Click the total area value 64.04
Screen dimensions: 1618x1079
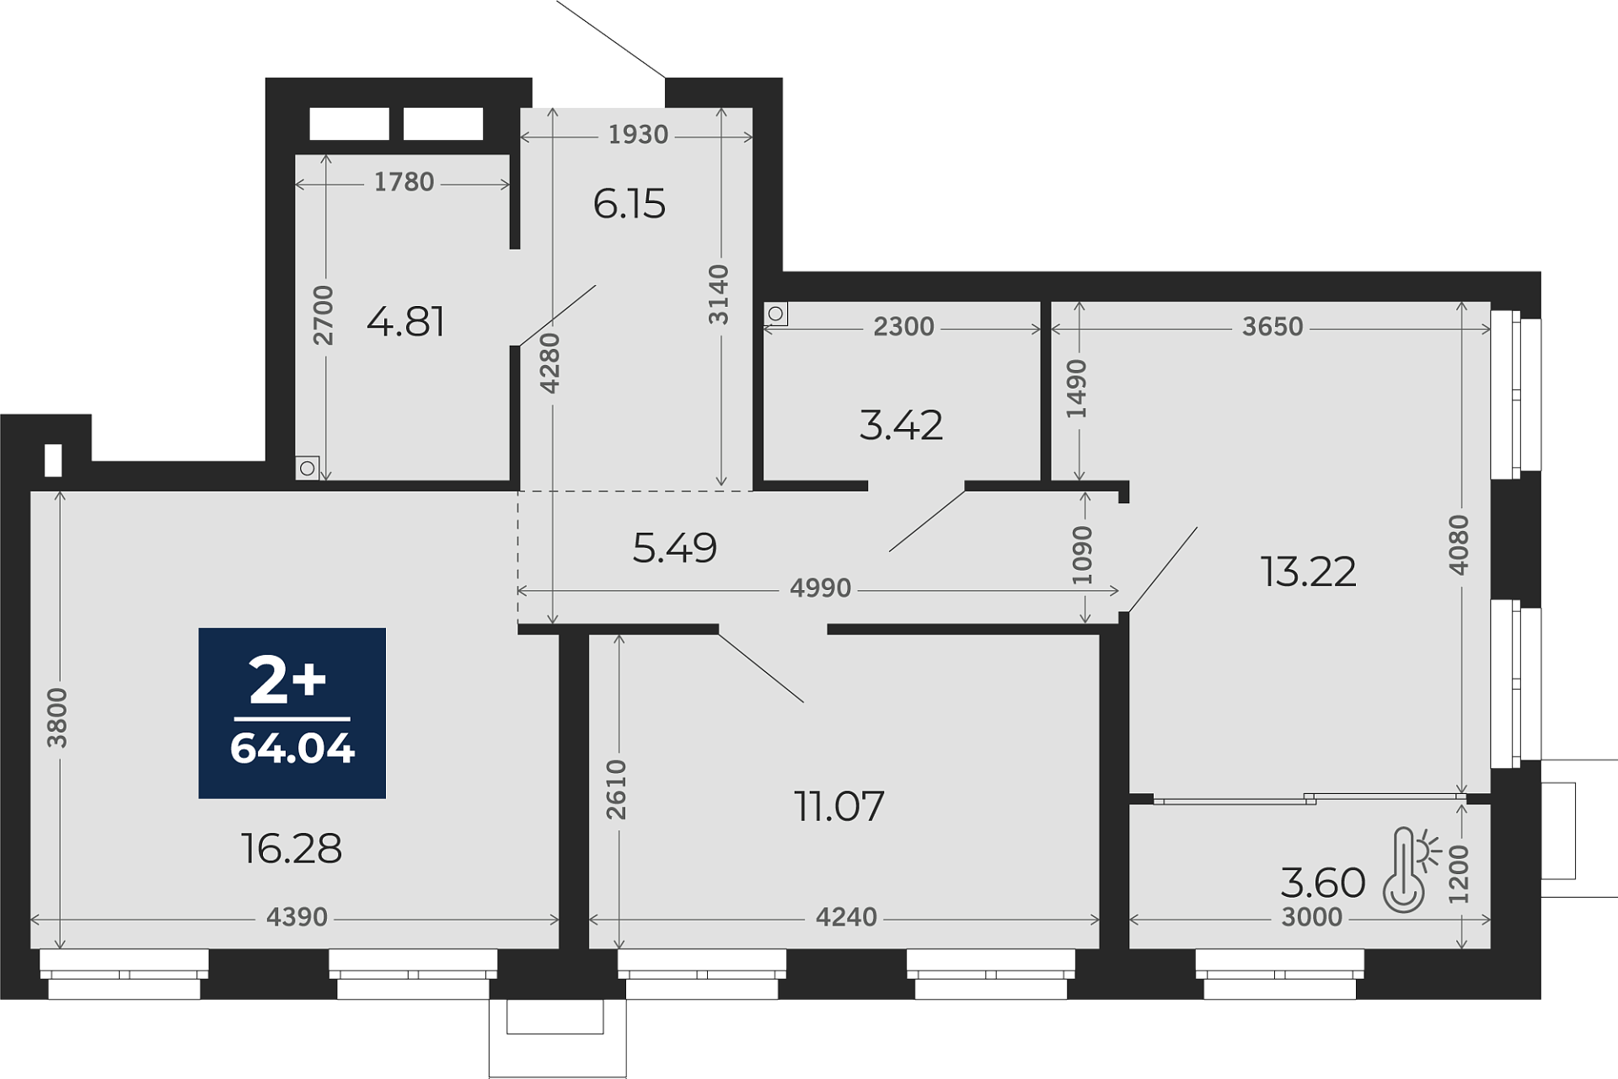point(292,749)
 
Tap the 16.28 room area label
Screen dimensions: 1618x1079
point(292,848)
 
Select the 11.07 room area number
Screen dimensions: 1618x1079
point(839,806)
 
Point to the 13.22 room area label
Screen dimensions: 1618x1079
point(1309,572)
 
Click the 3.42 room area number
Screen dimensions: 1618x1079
point(901,425)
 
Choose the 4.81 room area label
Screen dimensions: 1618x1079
point(405,321)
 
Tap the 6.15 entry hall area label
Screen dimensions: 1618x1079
point(630,204)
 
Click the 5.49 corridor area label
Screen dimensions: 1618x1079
point(674,548)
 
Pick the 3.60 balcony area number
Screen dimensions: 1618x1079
point(1323,883)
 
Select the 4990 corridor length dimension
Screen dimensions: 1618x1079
point(820,588)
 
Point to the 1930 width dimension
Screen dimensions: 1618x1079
point(638,134)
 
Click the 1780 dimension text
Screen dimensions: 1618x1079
point(404,181)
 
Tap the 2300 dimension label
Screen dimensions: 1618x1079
point(903,326)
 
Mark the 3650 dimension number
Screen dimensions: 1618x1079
point(1272,326)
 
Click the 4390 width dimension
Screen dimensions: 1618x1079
point(297,916)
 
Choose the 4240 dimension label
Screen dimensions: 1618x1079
point(846,916)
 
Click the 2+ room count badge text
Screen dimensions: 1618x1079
point(287,681)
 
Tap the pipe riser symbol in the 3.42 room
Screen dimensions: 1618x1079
point(775,314)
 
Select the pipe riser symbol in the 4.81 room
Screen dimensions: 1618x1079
point(307,468)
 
